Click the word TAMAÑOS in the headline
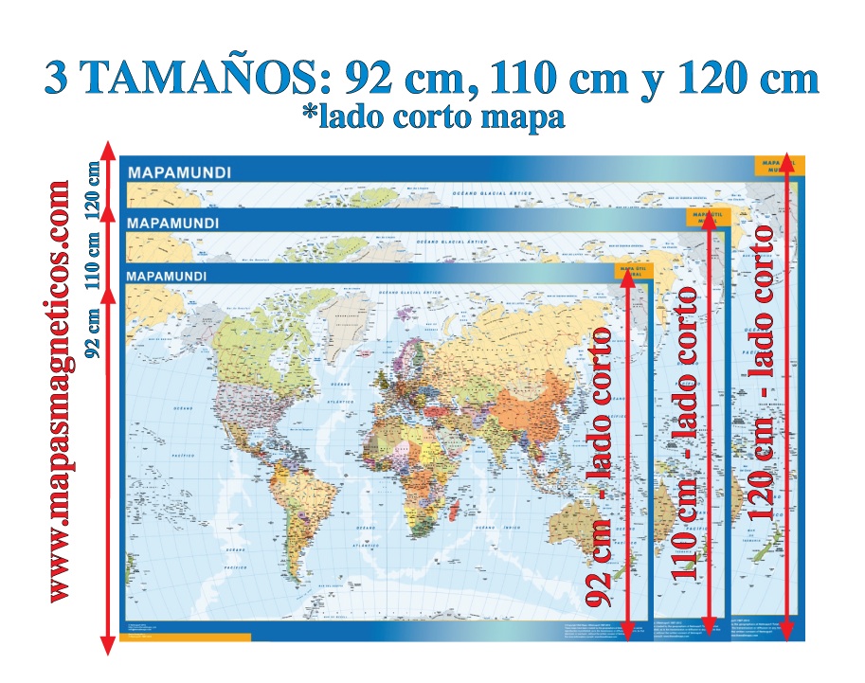(x=203, y=79)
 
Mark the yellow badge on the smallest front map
(x=632, y=273)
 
